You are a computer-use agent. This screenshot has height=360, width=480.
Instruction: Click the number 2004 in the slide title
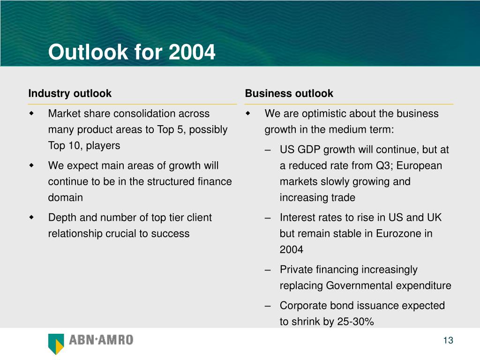(192, 52)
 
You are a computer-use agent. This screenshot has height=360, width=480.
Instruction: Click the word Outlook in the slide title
(88, 52)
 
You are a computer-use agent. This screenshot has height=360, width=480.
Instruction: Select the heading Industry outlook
(70, 93)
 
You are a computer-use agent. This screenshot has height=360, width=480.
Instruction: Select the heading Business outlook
(289, 93)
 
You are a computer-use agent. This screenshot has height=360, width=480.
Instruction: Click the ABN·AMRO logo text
(101, 340)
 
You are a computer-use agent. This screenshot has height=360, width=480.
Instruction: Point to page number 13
(448, 340)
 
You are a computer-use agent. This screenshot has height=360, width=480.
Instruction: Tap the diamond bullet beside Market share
(31, 113)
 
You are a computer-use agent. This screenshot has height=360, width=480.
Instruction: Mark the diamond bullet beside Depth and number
(31, 217)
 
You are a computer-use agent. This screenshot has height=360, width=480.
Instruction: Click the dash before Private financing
(268, 270)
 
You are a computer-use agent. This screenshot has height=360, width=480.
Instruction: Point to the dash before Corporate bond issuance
(268, 306)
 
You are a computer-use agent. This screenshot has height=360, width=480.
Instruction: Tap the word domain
(66, 197)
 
